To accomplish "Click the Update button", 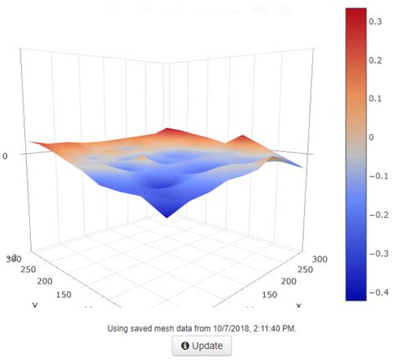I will (202, 345).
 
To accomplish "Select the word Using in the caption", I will (121, 327).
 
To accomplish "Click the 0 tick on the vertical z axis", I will (6, 156).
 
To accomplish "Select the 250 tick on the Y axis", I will (30, 270).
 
